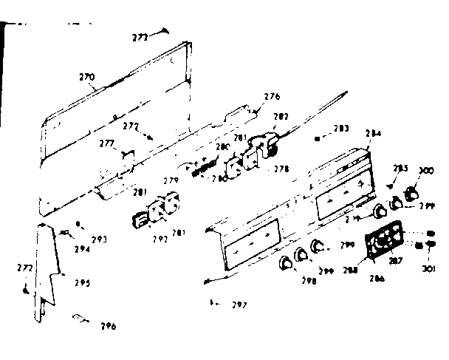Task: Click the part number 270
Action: click(86, 76)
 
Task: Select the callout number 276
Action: click(272, 96)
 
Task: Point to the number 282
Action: click(281, 117)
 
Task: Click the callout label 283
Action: click(341, 129)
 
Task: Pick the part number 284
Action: click(373, 134)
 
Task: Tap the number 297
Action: click(239, 305)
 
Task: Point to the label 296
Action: click(108, 326)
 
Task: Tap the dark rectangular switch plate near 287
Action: click(383, 242)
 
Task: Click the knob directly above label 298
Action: click(286, 263)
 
